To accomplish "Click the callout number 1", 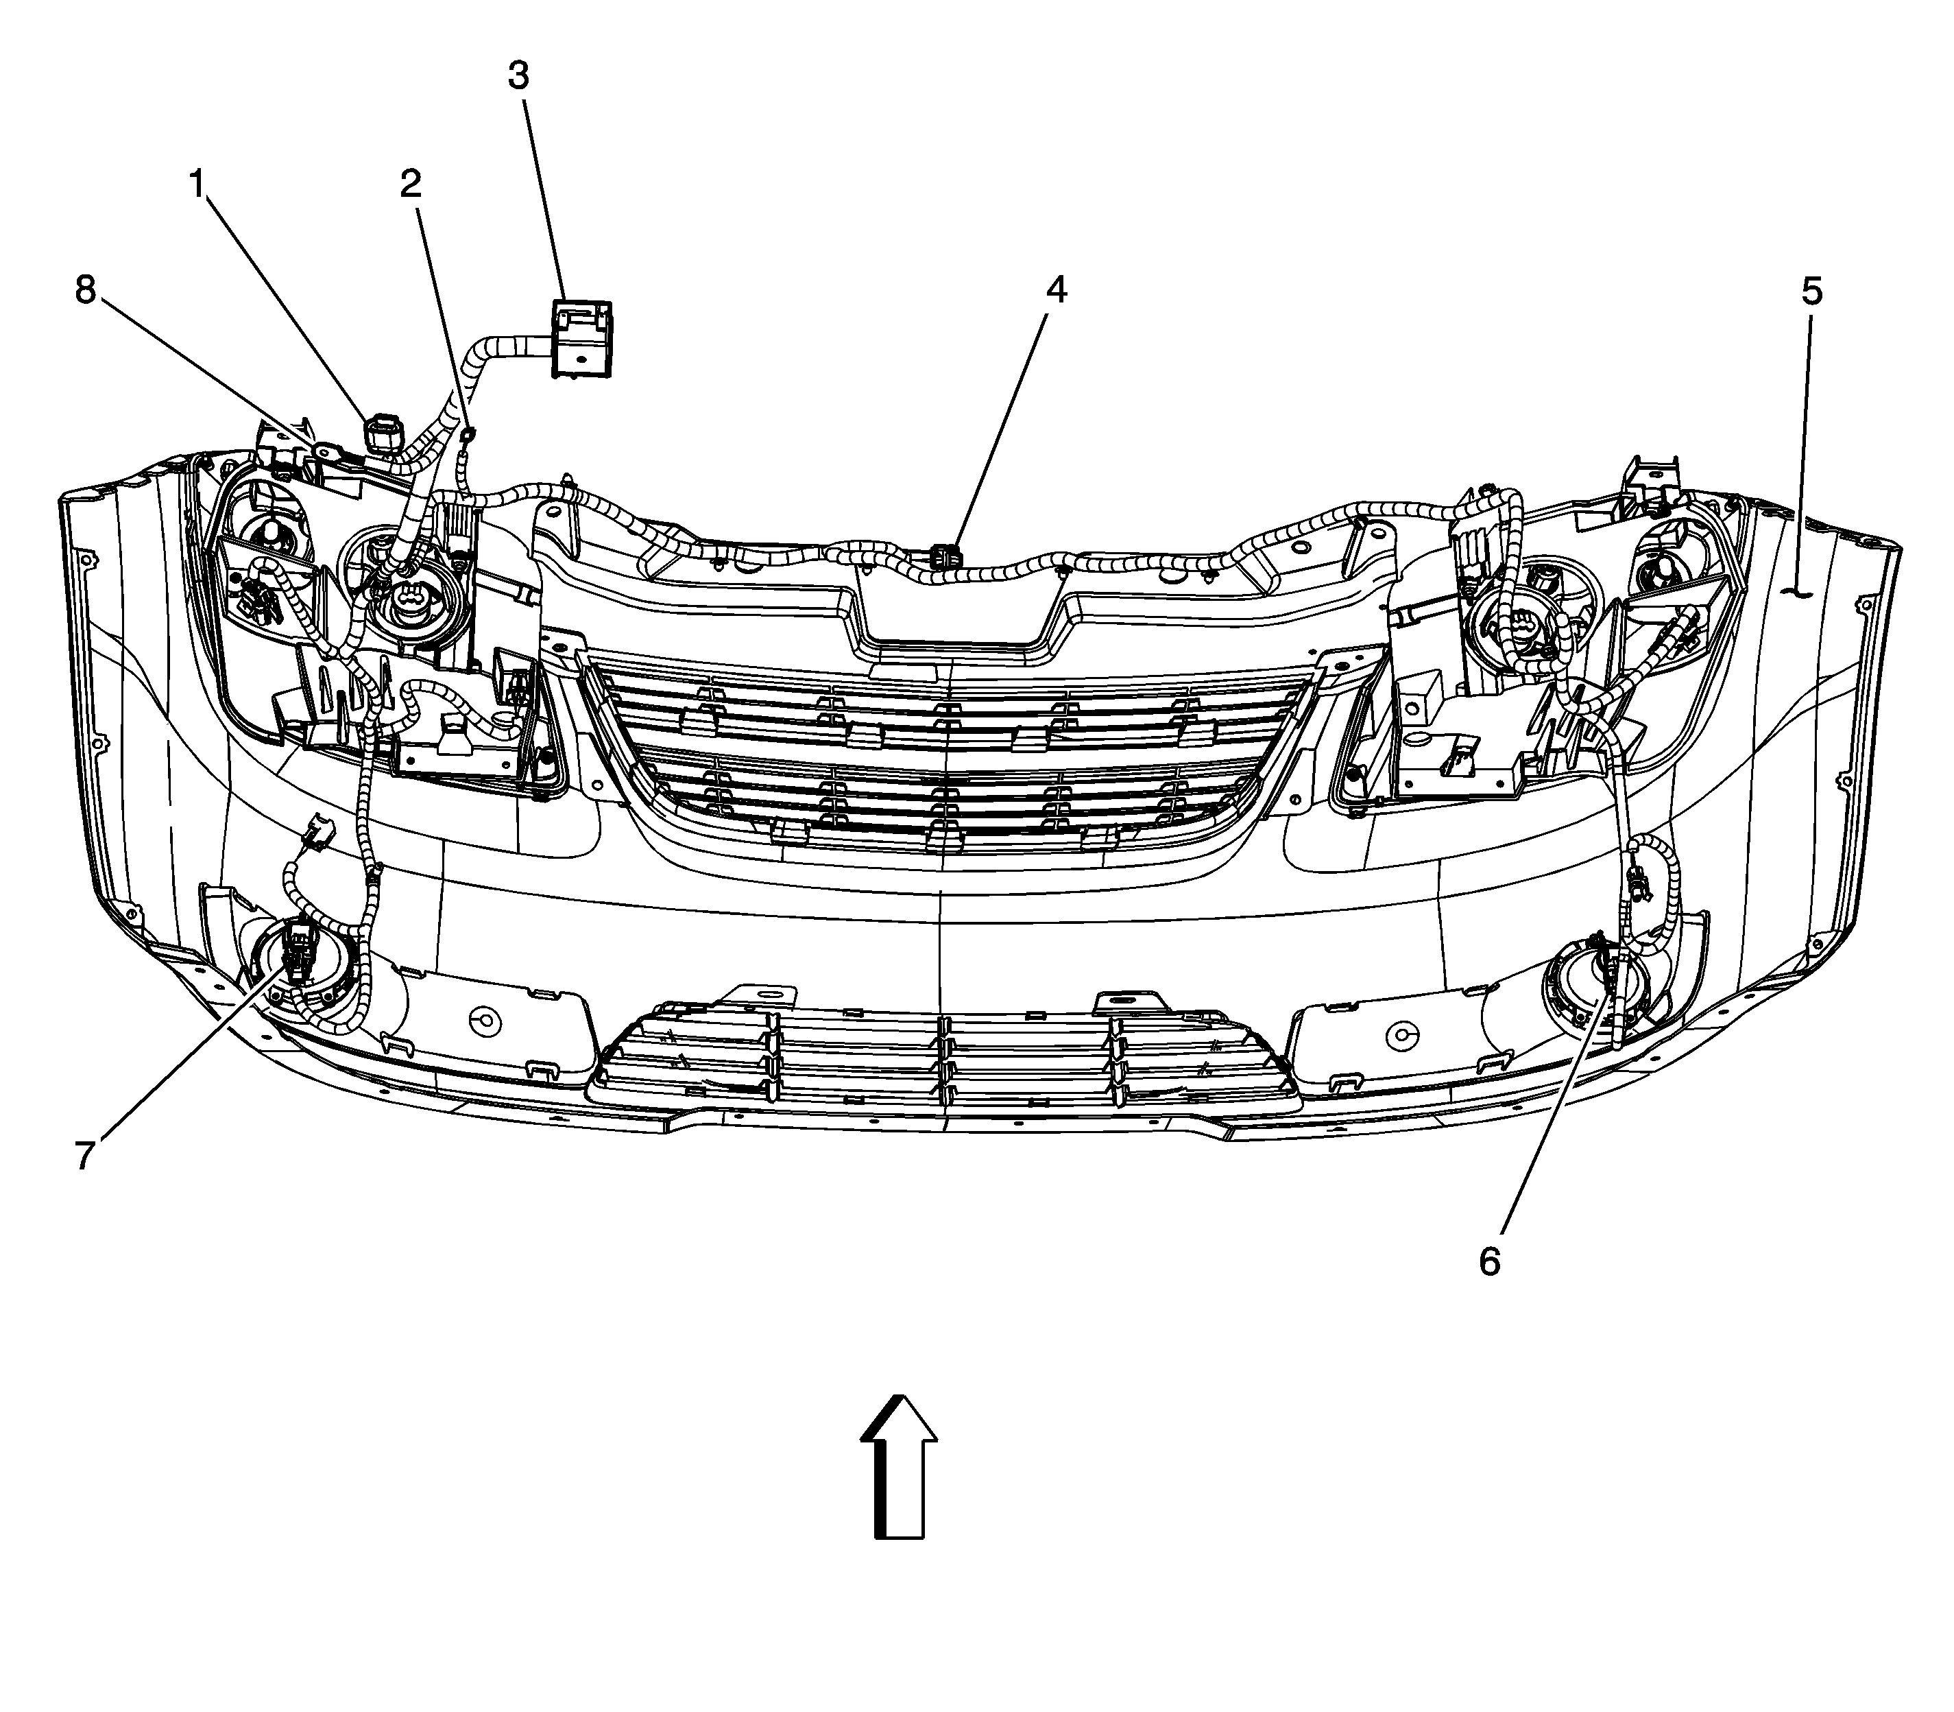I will [x=197, y=182].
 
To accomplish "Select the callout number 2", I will [x=410, y=183].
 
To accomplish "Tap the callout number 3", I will [x=518, y=75].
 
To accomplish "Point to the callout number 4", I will [x=1054, y=289].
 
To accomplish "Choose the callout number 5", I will [x=1811, y=292].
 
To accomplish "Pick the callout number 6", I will [x=1489, y=1262].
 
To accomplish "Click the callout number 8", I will [x=86, y=289].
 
